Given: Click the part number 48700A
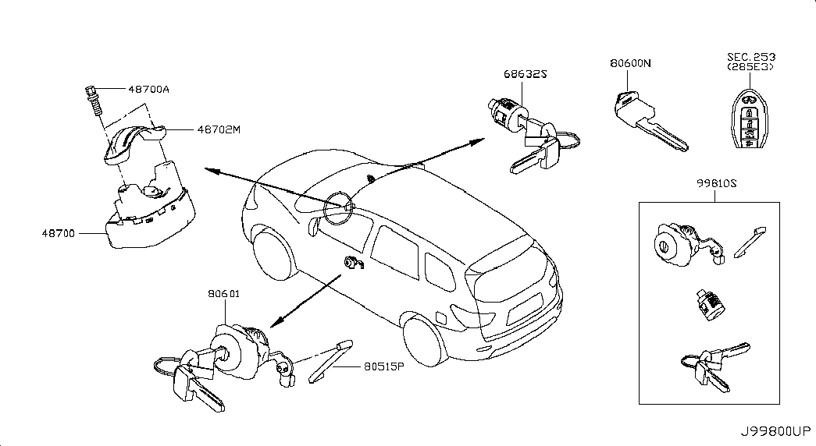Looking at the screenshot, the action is click(149, 90).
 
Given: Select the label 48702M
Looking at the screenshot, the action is click(219, 129).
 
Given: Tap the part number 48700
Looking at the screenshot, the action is click(59, 233).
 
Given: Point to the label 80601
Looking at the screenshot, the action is click(224, 294).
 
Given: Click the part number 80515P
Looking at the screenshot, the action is click(384, 366).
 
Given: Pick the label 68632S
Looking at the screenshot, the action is click(525, 74).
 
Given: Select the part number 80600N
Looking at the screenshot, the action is click(630, 63).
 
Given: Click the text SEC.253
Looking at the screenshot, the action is click(751, 57).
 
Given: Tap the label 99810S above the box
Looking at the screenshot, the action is click(717, 183).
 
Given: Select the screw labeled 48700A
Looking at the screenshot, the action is click(94, 102).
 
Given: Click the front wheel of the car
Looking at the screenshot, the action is click(273, 255).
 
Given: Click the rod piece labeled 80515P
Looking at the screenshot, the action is click(330, 361).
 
